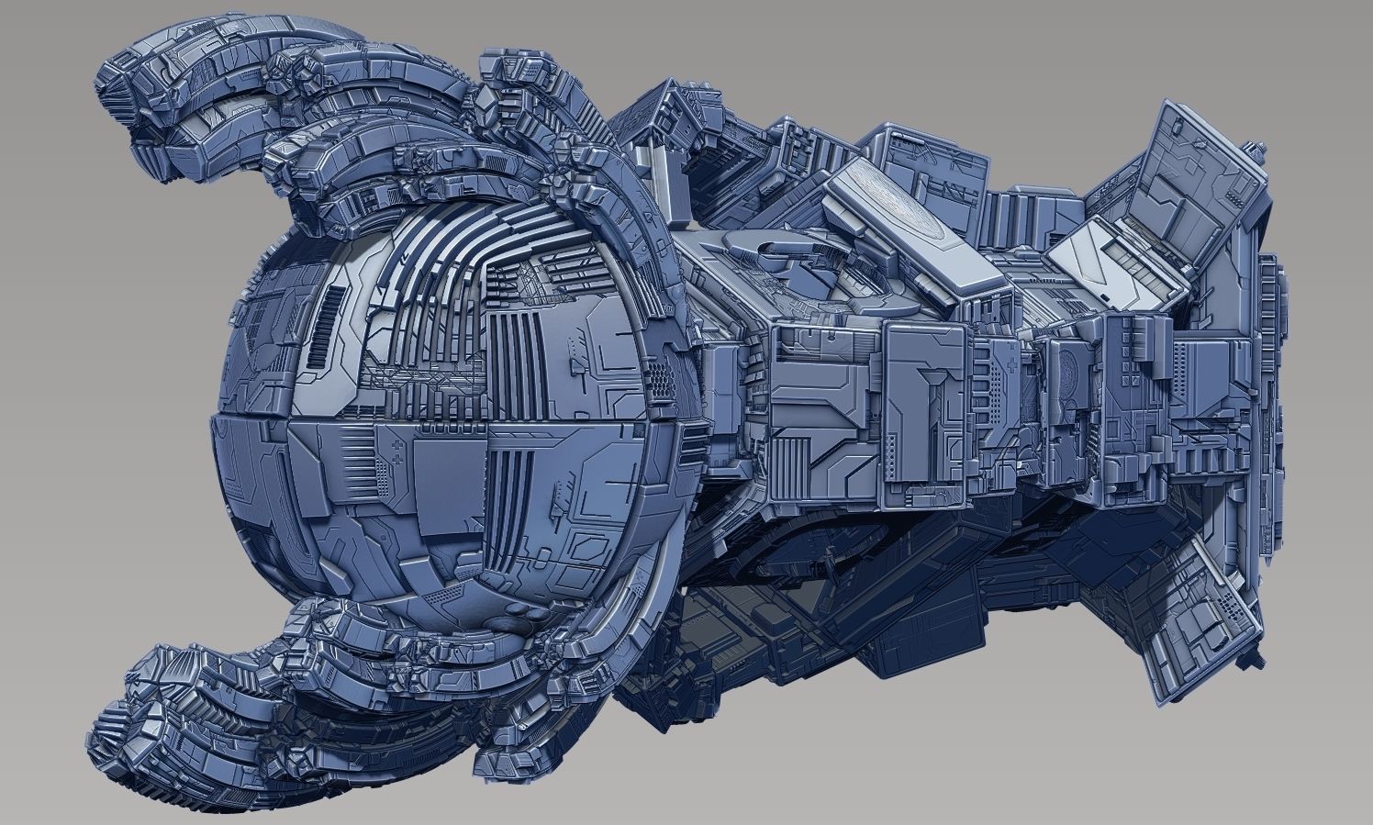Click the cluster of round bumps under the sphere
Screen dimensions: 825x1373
pyautogui.click(x=513, y=623)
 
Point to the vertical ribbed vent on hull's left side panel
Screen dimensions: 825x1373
pyautogui.click(x=792, y=469)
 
